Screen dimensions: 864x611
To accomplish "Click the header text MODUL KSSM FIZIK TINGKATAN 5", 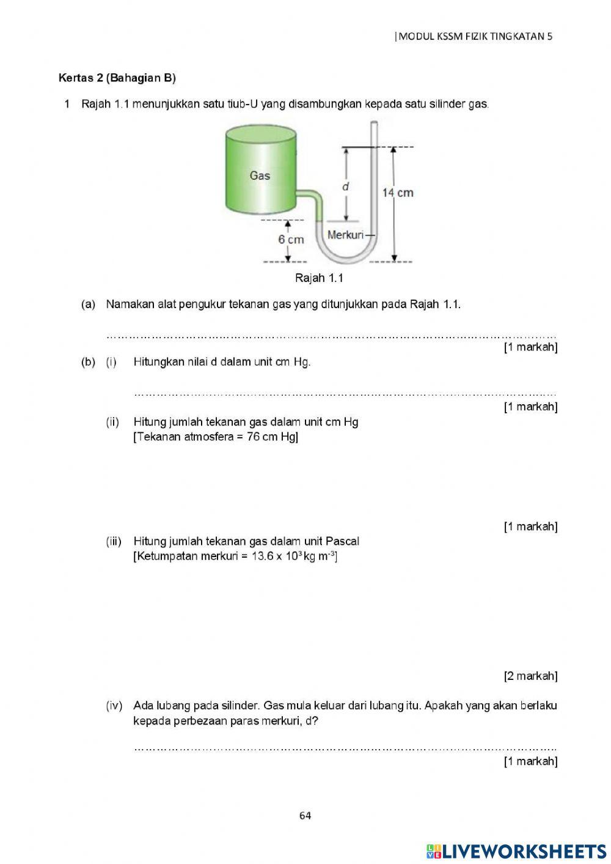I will (x=475, y=36).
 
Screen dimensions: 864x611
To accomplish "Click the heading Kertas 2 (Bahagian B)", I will (x=117, y=78).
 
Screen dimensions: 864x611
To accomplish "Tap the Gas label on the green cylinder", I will (x=260, y=175).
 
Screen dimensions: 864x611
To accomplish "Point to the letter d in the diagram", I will (x=346, y=186).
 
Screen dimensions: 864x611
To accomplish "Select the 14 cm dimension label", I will (x=398, y=193).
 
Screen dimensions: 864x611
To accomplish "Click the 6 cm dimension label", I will (x=291, y=239).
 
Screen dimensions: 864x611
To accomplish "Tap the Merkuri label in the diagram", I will (x=345, y=235).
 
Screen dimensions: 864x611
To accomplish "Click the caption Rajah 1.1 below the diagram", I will (x=319, y=278).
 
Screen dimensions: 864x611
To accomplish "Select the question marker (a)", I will (x=89, y=304).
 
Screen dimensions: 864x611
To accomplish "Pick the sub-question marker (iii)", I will (x=114, y=541).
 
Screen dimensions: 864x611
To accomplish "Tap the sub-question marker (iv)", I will (x=114, y=706).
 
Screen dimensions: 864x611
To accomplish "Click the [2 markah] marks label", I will (x=530, y=676).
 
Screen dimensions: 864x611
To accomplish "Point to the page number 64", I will (x=305, y=815).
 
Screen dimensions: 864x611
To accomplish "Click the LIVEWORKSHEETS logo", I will (x=516, y=851).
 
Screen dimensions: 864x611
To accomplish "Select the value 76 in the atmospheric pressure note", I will (x=254, y=437).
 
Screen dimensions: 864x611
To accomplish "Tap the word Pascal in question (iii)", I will (x=342, y=541).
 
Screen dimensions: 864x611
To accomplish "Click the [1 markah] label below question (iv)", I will (x=530, y=761).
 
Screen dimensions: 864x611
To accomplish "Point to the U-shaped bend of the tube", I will (x=347, y=256).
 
